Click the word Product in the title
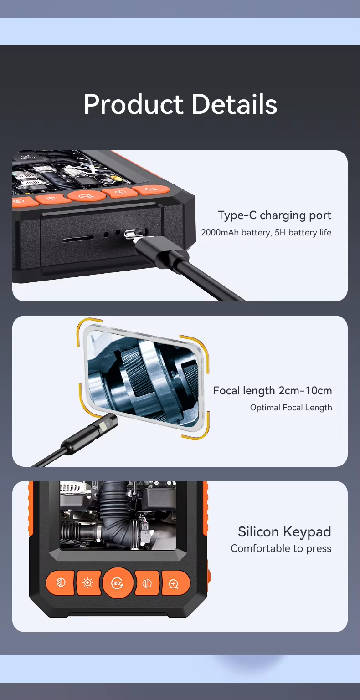pyautogui.click(x=133, y=104)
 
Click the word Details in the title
pyautogui.click(x=234, y=104)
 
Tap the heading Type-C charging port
pyautogui.click(x=274, y=215)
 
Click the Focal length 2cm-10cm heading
pyautogui.click(x=273, y=391)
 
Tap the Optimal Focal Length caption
pyautogui.click(x=291, y=408)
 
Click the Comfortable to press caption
pyautogui.click(x=281, y=549)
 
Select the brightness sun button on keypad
pyautogui.click(x=89, y=583)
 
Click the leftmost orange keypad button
pyautogui.click(x=61, y=583)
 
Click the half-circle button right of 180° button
pyautogui.click(x=147, y=583)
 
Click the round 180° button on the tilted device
pyautogui.click(x=87, y=196)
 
